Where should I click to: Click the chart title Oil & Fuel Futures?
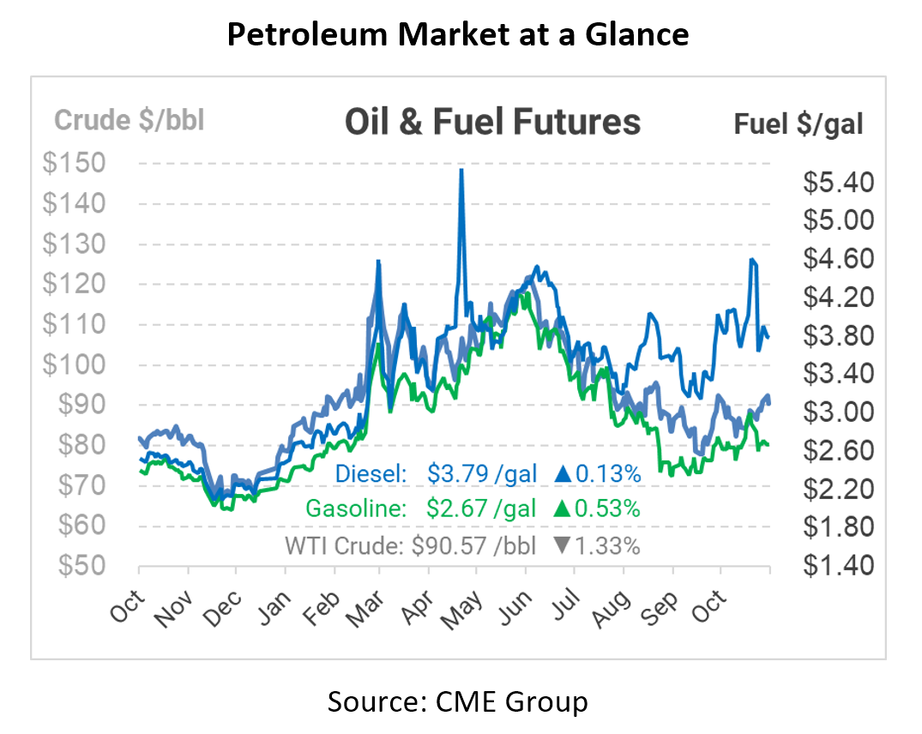point(492,122)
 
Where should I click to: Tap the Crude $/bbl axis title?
point(130,120)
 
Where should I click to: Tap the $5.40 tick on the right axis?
point(839,183)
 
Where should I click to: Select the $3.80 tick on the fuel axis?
point(839,335)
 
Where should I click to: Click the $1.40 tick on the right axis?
point(839,566)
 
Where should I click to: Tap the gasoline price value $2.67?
point(457,508)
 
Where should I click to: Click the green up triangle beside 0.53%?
point(563,508)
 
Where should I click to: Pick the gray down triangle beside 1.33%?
point(563,546)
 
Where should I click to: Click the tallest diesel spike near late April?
point(461,171)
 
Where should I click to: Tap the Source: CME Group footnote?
point(457,702)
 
